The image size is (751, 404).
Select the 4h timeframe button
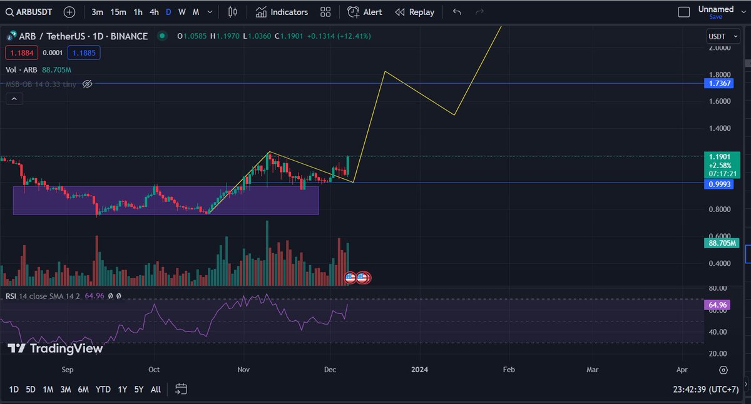pyautogui.click(x=154, y=12)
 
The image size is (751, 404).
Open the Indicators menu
pyautogui.click(x=282, y=12)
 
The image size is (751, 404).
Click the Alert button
pyautogui.click(x=365, y=12)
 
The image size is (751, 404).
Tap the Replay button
pyautogui.click(x=414, y=12)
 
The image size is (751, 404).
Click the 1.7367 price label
pyautogui.click(x=717, y=83)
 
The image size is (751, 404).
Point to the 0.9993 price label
pyautogui.click(x=717, y=184)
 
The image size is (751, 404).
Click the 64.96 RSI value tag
pyautogui.click(x=717, y=305)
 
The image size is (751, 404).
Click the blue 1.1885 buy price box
pyautogui.click(x=84, y=53)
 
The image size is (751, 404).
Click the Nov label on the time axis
pyautogui.click(x=244, y=370)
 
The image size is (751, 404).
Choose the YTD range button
pyautogui.click(x=103, y=390)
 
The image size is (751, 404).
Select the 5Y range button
pyautogui.click(x=139, y=390)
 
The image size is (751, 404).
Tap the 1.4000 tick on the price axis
pyautogui.click(x=720, y=128)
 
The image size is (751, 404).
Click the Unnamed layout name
pyautogui.click(x=715, y=9)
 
